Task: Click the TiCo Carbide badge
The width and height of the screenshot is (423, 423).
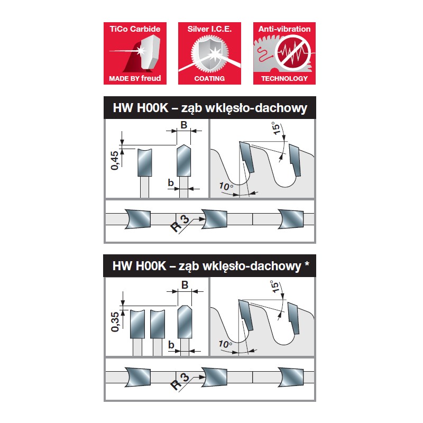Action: click(135, 53)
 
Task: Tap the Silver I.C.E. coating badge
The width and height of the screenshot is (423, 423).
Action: click(209, 53)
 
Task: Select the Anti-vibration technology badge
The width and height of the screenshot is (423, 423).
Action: click(284, 53)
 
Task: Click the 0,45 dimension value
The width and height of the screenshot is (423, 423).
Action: click(115, 160)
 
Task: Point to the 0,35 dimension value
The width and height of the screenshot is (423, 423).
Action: click(115, 321)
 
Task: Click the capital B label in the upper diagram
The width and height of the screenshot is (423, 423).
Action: click(183, 125)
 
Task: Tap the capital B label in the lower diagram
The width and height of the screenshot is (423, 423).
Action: click(185, 284)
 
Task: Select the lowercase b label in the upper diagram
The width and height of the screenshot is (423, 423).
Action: click(170, 182)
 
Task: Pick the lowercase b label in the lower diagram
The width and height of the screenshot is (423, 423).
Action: click(171, 344)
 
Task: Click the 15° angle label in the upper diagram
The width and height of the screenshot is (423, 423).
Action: click(275, 128)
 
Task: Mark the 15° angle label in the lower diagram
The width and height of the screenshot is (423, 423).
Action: click(274, 287)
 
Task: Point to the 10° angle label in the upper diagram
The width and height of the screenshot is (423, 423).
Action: click(226, 186)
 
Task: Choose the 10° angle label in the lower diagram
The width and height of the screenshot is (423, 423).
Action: click(226, 344)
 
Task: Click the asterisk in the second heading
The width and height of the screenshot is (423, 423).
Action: click(307, 263)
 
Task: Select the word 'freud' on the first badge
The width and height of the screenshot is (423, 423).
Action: click(151, 78)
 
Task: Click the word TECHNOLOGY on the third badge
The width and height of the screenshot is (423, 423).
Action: click(284, 78)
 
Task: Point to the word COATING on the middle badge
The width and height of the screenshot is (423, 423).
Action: click(209, 78)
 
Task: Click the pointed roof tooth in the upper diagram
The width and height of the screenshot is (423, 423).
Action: click(183, 161)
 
